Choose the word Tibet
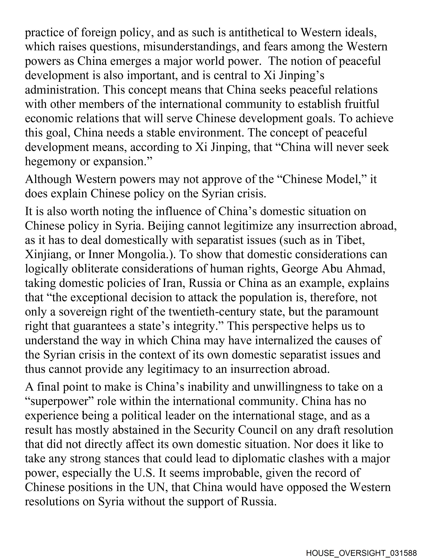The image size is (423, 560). [x=350, y=240]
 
